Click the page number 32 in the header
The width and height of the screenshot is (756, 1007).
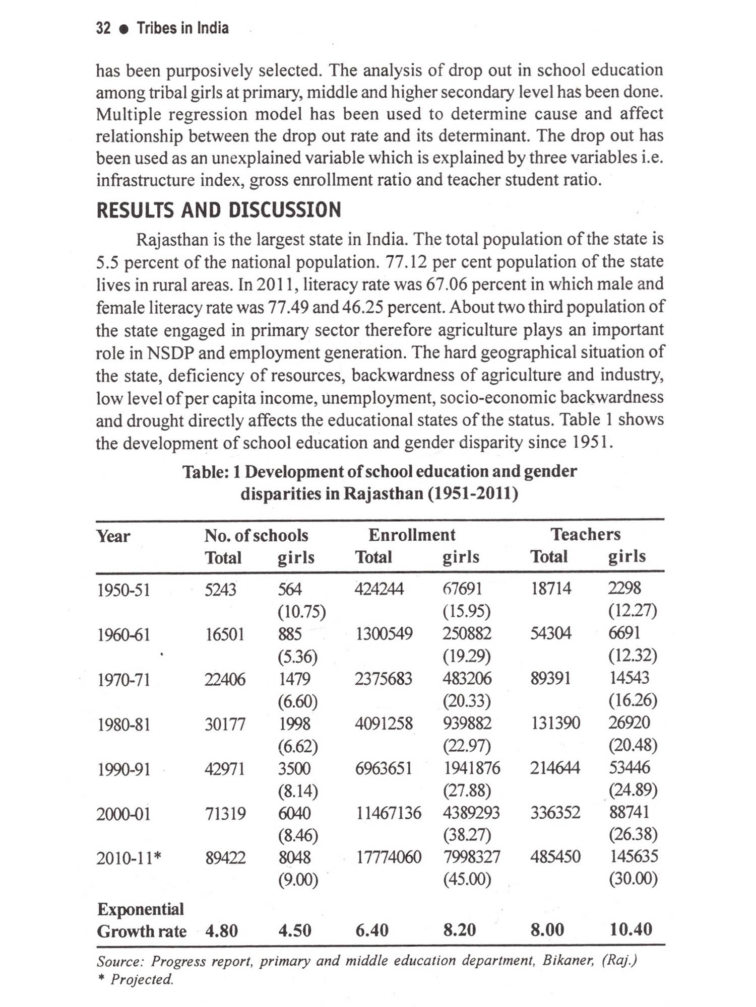pyautogui.click(x=103, y=28)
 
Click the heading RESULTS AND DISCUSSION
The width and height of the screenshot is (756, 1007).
pyautogui.click(x=218, y=210)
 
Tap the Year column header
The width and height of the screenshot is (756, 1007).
pyautogui.click(x=113, y=536)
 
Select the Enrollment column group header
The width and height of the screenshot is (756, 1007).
pyautogui.click(x=411, y=535)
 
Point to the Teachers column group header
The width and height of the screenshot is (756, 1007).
pyautogui.click(x=585, y=534)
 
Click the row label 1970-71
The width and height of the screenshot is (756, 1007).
pyautogui.click(x=123, y=680)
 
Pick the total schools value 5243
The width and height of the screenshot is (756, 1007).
pyautogui.click(x=220, y=589)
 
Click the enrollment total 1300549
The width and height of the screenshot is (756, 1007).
pyautogui.click(x=384, y=634)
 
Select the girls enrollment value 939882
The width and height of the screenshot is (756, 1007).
pyautogui.click(x=467, y=724)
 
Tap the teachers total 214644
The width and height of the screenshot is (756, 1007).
pyautogui.click(x=555, y=768)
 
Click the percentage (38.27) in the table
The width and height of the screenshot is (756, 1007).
pyautogui.click(x=467, y=835)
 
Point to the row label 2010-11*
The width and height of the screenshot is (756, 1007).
pyautogui.click(x=129, y=858)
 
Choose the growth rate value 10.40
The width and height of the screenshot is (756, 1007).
pyautogui.click(x=631, y=929)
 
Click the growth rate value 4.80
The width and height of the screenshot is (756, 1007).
pyautogui.click(x=221, y=931)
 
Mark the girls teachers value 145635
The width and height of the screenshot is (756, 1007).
pyautogui.click(x=634, y=856)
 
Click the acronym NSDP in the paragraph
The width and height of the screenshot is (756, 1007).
pyautogui.click(x=170, y=353)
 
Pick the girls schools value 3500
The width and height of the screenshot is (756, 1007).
pyautogui.click(x=295, y=768)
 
